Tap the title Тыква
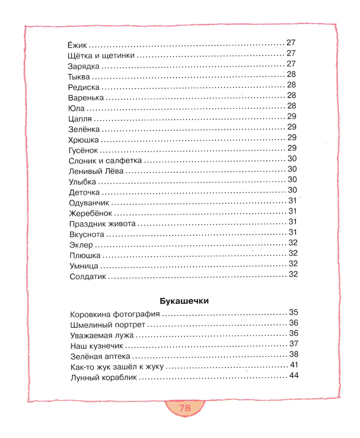[x=79, y=76]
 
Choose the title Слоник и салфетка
[x=105, y=161]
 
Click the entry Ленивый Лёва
[x=96, y=171]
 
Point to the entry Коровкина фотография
[x=115, y=314]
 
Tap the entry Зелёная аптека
[x=100, y=356]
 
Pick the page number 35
[x=293, y=312]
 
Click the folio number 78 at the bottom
[x=184, y=407]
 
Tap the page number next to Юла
[x=292, y=106]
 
